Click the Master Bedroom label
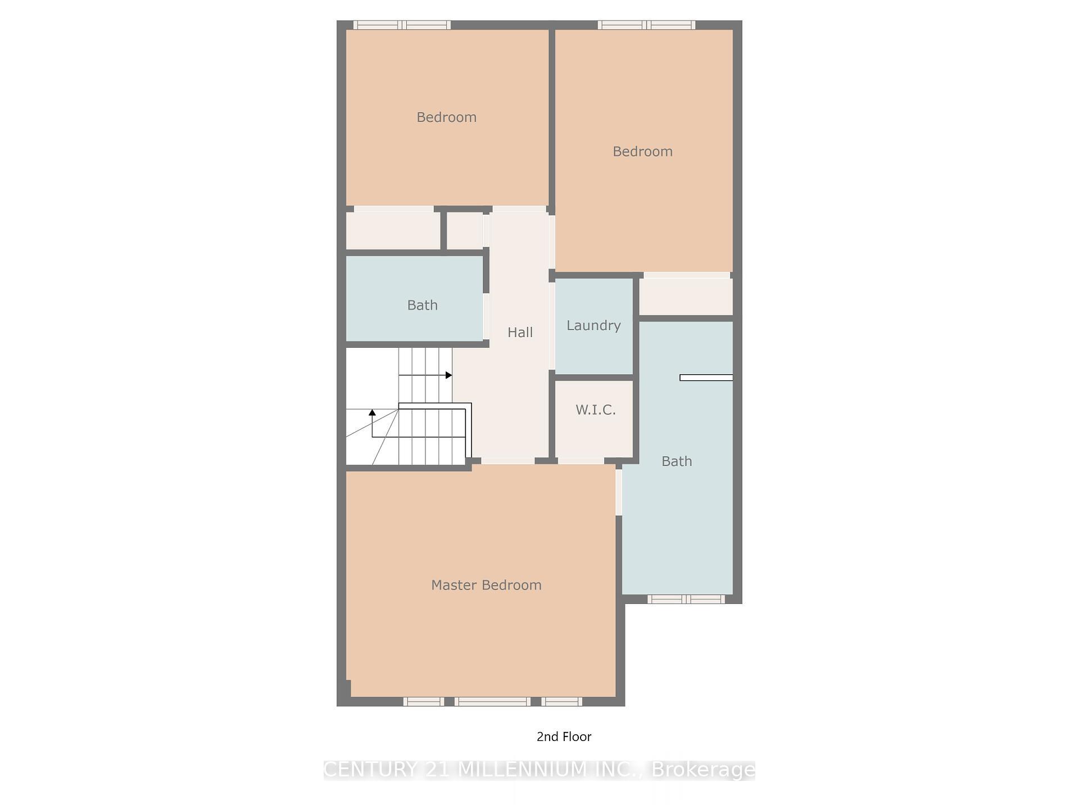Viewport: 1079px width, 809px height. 486,585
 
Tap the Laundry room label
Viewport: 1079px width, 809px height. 593,325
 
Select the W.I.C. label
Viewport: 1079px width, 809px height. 596,410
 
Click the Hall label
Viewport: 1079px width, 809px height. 520,332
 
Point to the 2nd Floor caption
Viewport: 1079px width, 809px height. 564,737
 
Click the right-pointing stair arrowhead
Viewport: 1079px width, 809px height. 448,375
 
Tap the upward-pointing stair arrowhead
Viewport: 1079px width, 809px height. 372,413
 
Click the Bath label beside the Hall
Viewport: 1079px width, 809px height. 422,305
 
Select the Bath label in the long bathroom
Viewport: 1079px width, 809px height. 677,461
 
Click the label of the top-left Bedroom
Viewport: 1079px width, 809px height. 446,117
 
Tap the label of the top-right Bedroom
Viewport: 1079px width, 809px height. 642,151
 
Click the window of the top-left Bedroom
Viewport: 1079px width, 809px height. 402,25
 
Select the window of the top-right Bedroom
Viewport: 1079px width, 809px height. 646,25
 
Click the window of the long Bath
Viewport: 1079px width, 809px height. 686,599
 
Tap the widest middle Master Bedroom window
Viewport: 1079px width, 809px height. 492,701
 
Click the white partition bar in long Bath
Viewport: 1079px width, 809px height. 706,378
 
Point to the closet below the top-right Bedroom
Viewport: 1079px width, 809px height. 686,296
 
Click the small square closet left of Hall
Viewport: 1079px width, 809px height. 465,230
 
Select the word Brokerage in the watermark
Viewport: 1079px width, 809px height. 703,770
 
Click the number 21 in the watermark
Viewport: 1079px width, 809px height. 437,770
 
